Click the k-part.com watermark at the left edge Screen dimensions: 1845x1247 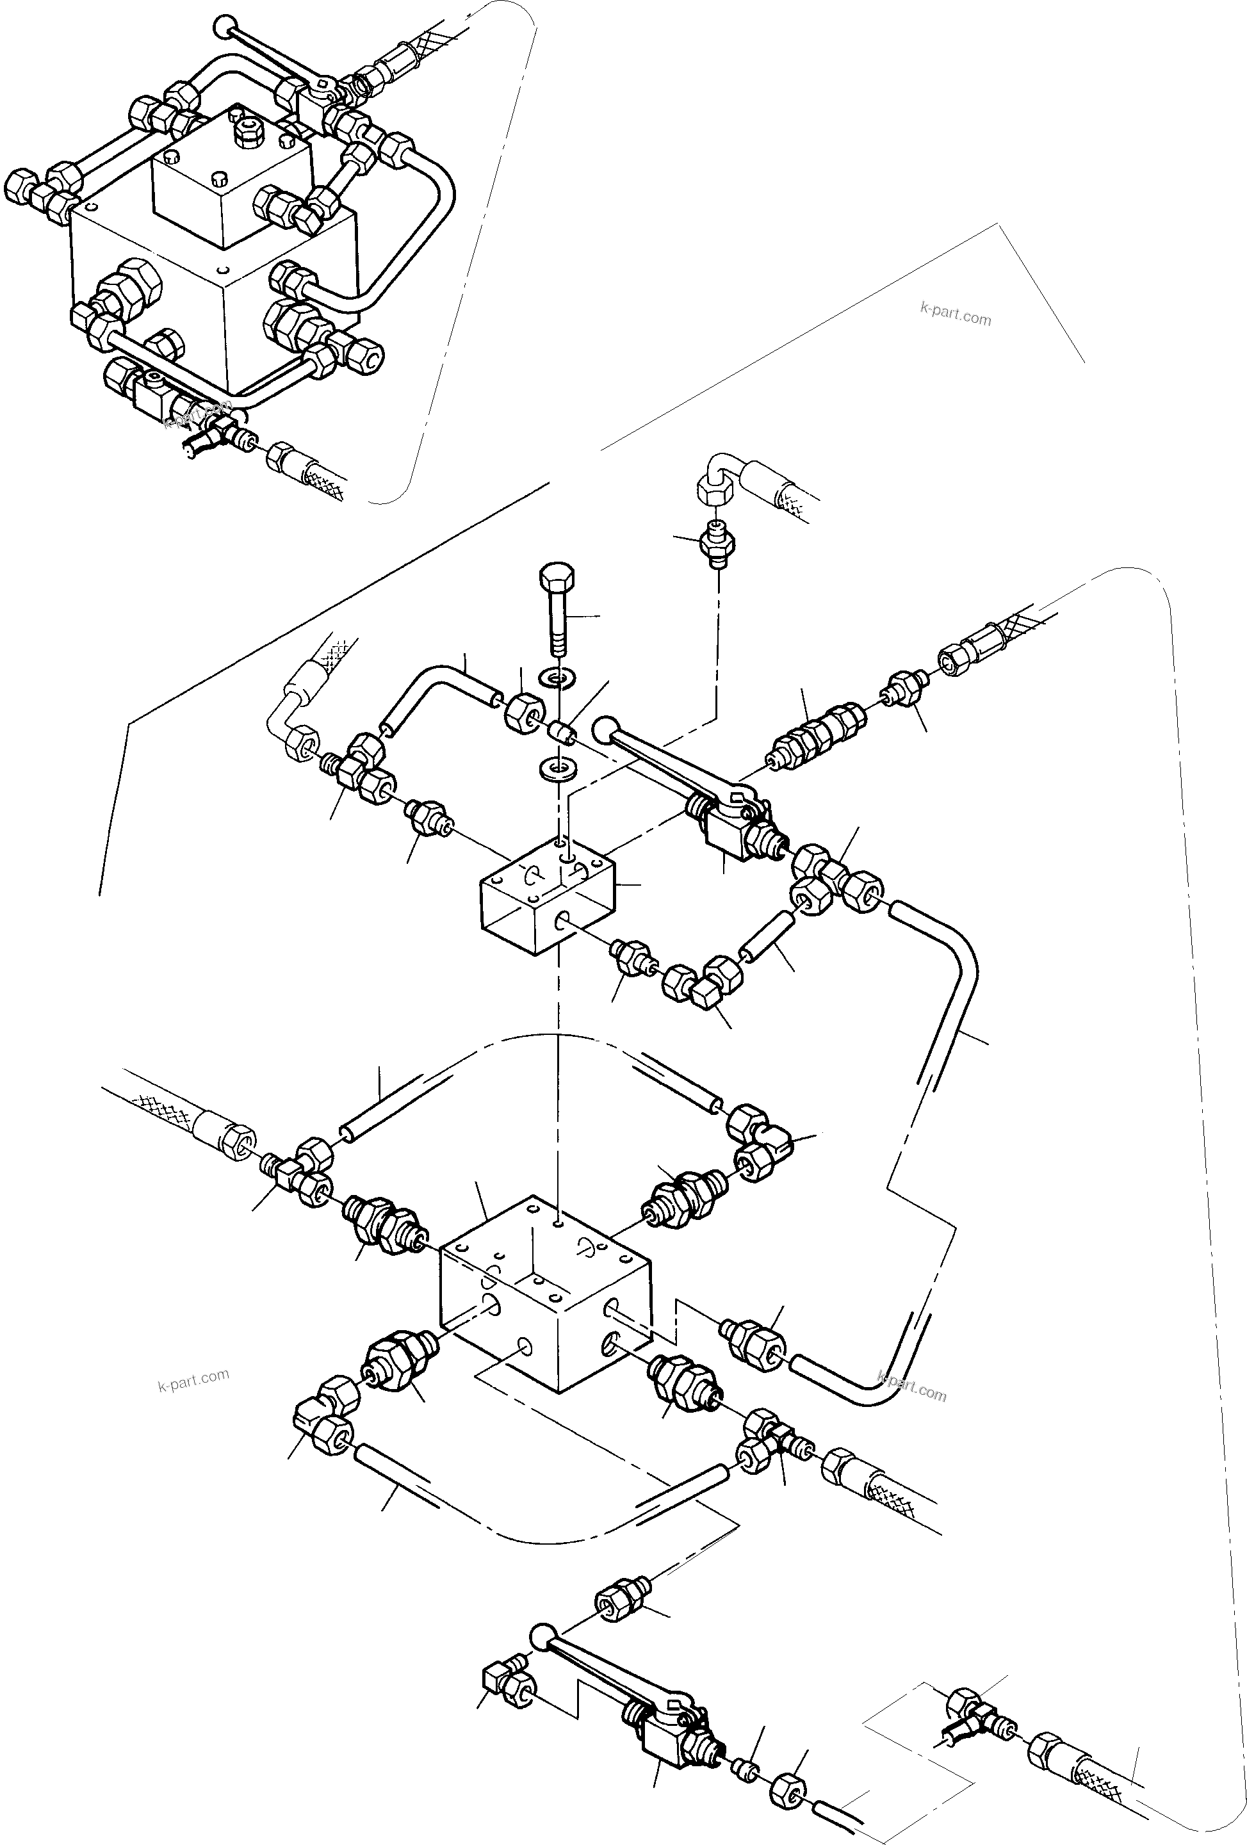tap(193, 1381)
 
